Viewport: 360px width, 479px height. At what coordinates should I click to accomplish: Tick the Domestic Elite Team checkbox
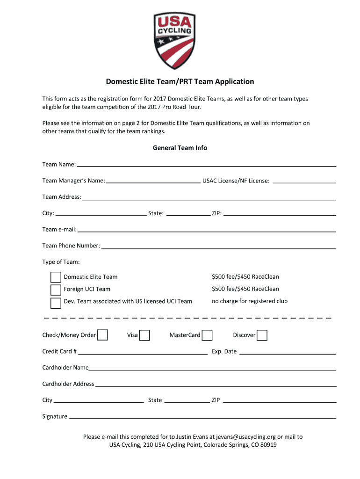[56, 277]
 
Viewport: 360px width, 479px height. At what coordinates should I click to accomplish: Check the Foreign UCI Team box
[56, 290]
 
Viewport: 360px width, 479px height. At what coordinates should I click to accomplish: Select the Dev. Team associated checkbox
[56, 302]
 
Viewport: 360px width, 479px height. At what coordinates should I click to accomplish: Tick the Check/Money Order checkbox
[102, 335]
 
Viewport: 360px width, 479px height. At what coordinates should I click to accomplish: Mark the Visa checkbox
[144, 335]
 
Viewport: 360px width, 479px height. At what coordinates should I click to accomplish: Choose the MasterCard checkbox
[207, 335]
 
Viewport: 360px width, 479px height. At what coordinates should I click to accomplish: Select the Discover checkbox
[262, 335]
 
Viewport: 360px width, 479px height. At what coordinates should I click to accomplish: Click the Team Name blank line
[206, 165]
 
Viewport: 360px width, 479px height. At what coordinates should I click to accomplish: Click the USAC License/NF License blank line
[304, 181]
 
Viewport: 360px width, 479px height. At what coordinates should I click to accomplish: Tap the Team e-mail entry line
[206, 230]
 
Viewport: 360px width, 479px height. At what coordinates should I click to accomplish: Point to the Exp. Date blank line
[288, 352]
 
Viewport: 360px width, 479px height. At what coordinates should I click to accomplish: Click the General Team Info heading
[180, 148]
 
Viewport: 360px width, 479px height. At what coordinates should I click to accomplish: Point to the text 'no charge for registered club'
[250, 301]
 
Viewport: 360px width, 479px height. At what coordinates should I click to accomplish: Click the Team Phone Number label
[71, 246]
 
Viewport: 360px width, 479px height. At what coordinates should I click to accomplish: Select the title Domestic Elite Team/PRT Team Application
[180, 82]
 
